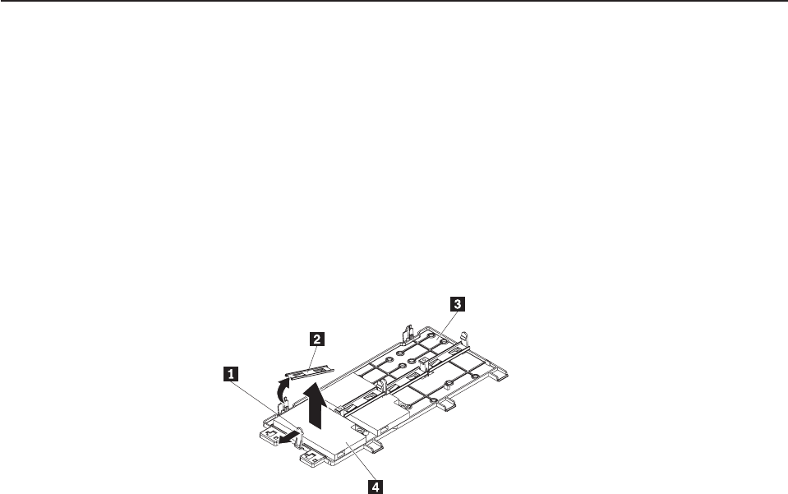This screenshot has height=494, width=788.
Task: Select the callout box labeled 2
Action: click(x=316, y=337)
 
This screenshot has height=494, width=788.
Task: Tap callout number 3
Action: click(x=459, y=303)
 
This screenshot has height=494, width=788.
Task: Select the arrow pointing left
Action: click(x=286, y=439)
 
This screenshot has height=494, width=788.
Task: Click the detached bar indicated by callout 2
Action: click(x=306, y=369)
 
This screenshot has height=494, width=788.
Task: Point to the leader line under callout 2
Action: click(x=311, y=358)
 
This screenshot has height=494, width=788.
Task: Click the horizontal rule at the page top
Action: click(x=394, y=2)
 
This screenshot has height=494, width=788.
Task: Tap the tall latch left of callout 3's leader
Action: click(x=409, y=328)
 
